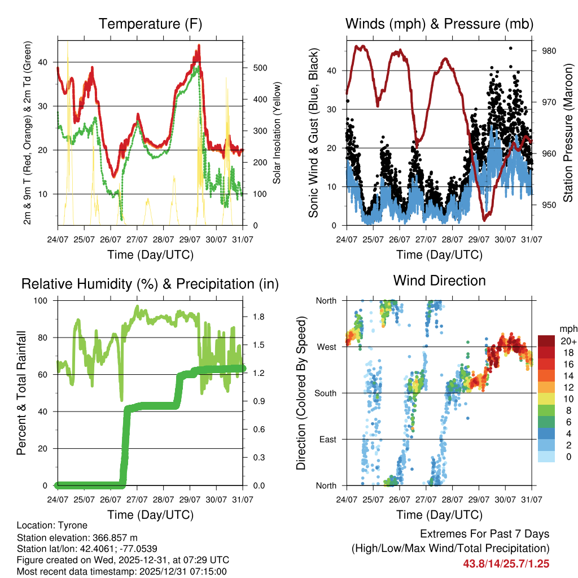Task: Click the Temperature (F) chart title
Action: coord(150,24)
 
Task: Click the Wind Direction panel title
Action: coord(439,280)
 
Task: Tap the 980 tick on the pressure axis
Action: coord(549,51)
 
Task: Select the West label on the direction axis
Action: coord(326,347)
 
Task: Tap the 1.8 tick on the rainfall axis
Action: coord(259,317)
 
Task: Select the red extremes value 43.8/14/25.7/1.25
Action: coord(506,563)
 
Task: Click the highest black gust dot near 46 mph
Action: coord(510,49)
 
